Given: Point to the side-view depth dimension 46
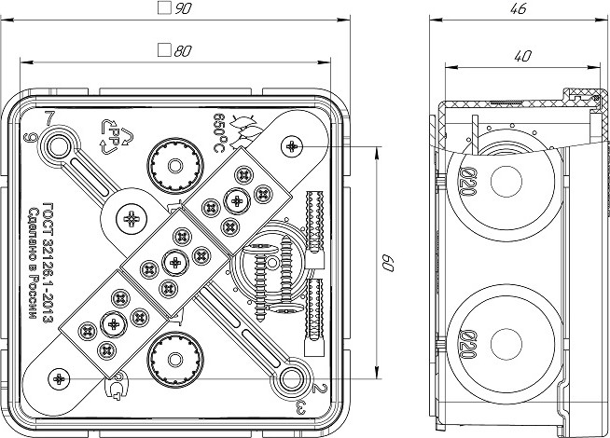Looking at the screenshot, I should (519, 8).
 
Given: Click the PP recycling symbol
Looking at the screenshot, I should (113, 134).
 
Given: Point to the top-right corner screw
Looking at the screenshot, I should (293, 145).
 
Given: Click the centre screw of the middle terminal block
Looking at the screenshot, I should (174, 261).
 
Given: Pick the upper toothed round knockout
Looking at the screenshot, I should (174, 166).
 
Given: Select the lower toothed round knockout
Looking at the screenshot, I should (174, 354).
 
